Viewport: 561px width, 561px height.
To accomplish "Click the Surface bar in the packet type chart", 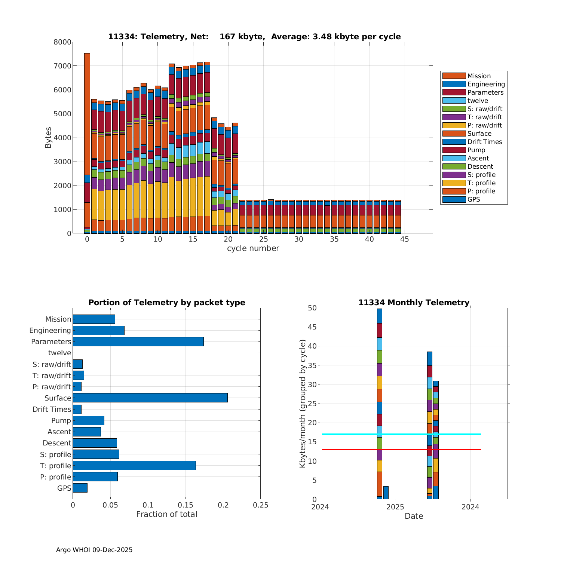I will pyautogui.click(x=150, y=398).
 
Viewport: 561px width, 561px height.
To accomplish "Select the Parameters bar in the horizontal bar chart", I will pyautogui.click(x=138, y=341).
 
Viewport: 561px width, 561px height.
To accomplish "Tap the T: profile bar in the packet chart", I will pyautogui.click(x=134, y=466).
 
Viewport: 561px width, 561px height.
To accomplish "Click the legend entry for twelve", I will pyautogui.click(x=478, y=101).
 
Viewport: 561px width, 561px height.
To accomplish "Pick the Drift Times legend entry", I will pyautogui.click(x=484, y=142).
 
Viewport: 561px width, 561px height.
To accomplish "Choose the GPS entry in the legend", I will pyautogui.click(x=473, y=199).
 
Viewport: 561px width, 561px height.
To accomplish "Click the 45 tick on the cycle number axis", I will pyautogui.click(x=405, y=239).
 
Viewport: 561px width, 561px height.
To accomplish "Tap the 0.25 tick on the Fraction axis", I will pyautogui.click(x=261, y=505).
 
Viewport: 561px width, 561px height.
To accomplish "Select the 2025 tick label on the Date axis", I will pyautogui.click(x=395, y=507).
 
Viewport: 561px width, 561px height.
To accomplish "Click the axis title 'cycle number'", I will pyautogui.click(x=253, y=248).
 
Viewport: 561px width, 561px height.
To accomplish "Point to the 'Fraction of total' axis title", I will pyautogui.click(x=166, y=514).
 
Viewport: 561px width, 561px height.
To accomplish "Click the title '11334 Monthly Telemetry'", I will pyautogui.click(x=414, y=303).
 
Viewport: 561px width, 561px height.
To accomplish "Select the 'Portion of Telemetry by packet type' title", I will pyautogui.click(x=167, y=303).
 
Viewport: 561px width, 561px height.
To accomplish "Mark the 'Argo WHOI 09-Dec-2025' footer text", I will pyautogui.click(x=94, y=550).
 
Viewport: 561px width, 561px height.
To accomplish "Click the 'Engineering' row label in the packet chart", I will pyautogui.click(x=50, y=330).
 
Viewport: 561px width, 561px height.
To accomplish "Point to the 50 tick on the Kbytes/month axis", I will pyautogui.click(x=312, y=308).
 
